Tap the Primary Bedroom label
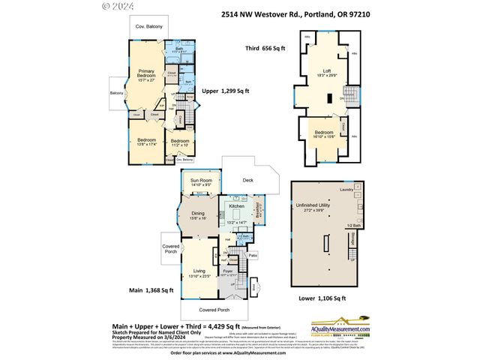coord(146,75)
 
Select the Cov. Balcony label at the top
coord(149,27)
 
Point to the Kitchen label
coord(237,205)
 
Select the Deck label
coord(247,180)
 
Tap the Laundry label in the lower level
coord(346,189)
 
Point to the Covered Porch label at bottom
coord(214,309)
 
